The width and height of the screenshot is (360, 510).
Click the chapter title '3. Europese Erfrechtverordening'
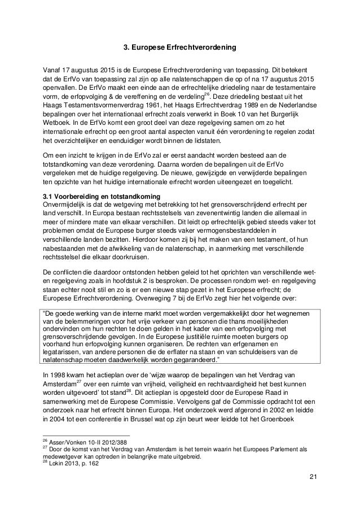180,46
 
